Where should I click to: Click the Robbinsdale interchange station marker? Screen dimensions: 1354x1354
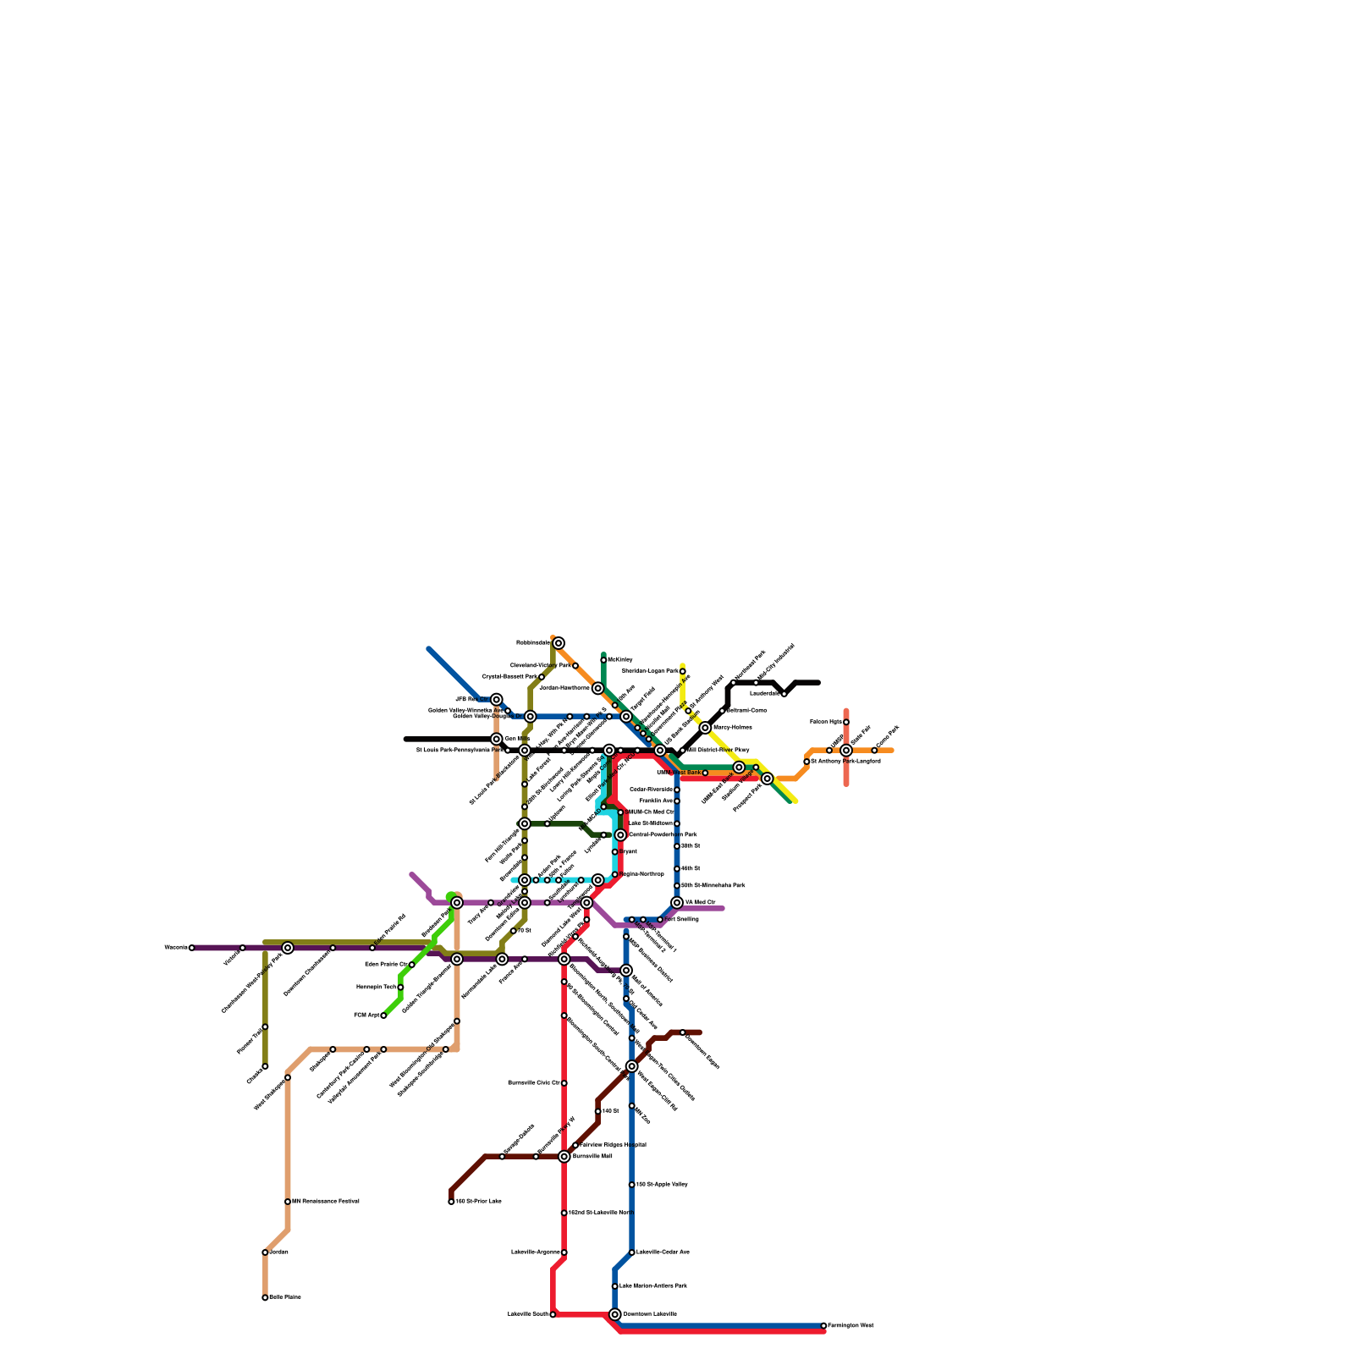click(559, 643)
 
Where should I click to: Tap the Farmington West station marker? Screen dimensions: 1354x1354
click(823, 1325)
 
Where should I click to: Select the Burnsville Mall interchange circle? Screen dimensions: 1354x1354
click(564, 1156)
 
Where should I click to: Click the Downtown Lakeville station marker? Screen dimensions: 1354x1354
click(615, 1314)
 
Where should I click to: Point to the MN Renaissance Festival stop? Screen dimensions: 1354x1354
click(288, 1202)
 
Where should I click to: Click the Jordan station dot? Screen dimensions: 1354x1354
click(265, 1252)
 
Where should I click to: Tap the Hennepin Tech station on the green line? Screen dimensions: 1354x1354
click(400, 987)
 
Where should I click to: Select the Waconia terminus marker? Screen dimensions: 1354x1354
click(192, 948)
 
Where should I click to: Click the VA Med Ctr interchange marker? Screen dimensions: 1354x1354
click(677, 903)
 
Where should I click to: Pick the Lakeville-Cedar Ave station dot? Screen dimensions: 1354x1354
click(632, 1252)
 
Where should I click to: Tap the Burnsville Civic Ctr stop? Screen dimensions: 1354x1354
click(564, 1083)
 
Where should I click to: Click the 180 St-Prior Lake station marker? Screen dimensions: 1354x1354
click(451, 1202)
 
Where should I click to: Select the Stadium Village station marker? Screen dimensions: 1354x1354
click(756, 768)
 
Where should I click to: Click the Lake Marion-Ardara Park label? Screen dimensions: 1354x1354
click(664, 1286)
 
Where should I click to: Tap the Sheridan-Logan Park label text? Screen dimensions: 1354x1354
click(650, 671)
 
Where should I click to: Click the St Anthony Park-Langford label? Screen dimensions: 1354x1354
click(845, 762)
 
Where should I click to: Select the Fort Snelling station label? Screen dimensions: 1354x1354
click(683, 919)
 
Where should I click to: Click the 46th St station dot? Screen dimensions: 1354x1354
click(677, 869)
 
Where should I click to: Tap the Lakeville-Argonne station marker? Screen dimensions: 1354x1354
click(564, 1252)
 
